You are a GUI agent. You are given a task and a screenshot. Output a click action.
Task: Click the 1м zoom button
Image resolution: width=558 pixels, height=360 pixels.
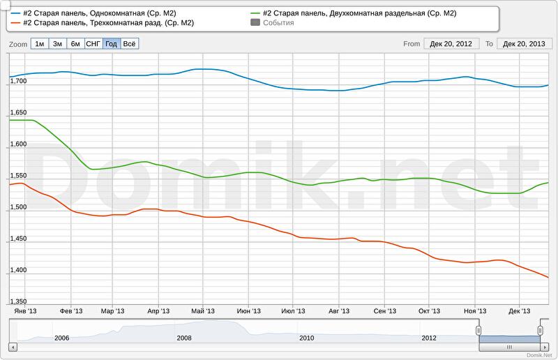pos(40,43)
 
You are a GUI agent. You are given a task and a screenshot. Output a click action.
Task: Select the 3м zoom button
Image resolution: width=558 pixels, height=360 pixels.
pos(58,43)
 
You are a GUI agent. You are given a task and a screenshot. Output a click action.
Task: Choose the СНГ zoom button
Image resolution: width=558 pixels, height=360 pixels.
pos(93,43)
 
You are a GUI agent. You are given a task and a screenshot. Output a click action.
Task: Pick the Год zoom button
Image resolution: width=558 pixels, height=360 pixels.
pos(111,43)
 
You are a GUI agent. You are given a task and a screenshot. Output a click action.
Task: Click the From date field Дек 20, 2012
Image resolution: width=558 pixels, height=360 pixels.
pos(451,43)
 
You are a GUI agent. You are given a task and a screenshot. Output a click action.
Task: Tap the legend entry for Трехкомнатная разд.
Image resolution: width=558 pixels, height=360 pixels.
pos(108,23)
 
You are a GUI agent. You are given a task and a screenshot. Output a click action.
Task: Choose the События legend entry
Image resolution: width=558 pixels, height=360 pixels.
pos(278,23)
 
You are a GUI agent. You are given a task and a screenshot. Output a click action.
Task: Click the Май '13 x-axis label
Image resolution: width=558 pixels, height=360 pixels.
pos(202,311)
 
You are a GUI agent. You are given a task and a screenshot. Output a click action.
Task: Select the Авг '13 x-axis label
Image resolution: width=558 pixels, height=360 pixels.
pos(338,311)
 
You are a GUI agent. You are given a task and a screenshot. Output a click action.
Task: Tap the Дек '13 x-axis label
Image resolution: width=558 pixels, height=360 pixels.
pos(520,311)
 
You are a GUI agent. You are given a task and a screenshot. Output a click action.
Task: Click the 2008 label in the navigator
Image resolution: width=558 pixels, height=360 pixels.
pos(184,338)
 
